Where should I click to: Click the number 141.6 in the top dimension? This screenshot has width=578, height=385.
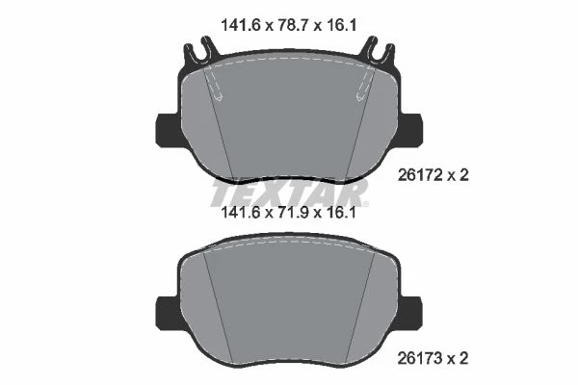240,25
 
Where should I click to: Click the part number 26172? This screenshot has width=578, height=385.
420,175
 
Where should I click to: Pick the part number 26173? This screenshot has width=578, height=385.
420,358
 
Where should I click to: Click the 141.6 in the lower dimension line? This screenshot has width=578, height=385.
240,212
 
